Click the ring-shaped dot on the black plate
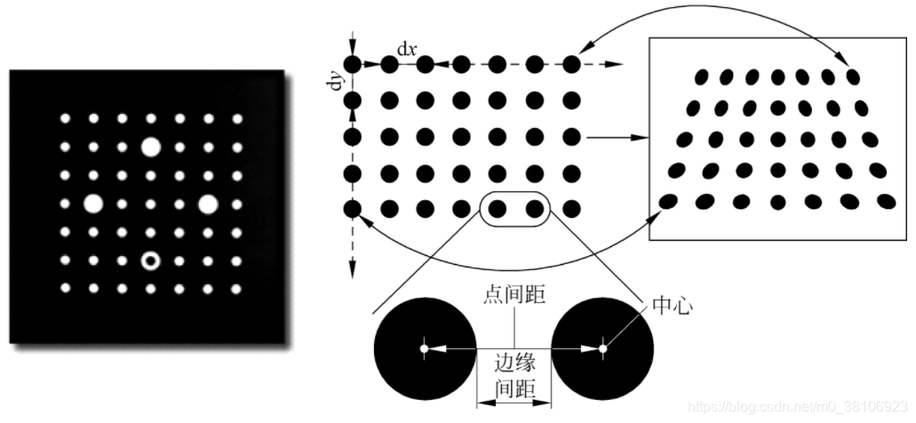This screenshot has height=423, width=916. pyautogui.click(x=150, y=260)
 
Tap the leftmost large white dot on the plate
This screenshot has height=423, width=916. pyautogui.click(x=92, y=204)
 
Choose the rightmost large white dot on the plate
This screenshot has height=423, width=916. pyautogui.click(x=208, y=204)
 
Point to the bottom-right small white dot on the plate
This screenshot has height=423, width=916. pyautogui.click(x=236, y=289)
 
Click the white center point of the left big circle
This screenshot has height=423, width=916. pyautogui.click(x=425, y=348)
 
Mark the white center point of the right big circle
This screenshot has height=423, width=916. pyautogui.click(x=603, y=348)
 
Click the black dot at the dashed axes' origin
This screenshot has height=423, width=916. pyautogui.click(x=353, y=64)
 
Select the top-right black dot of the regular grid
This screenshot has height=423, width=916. pyautogui.click(x=571, y=64)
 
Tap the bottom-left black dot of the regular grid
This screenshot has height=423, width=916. pyautogui.click(x=353, y=210)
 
